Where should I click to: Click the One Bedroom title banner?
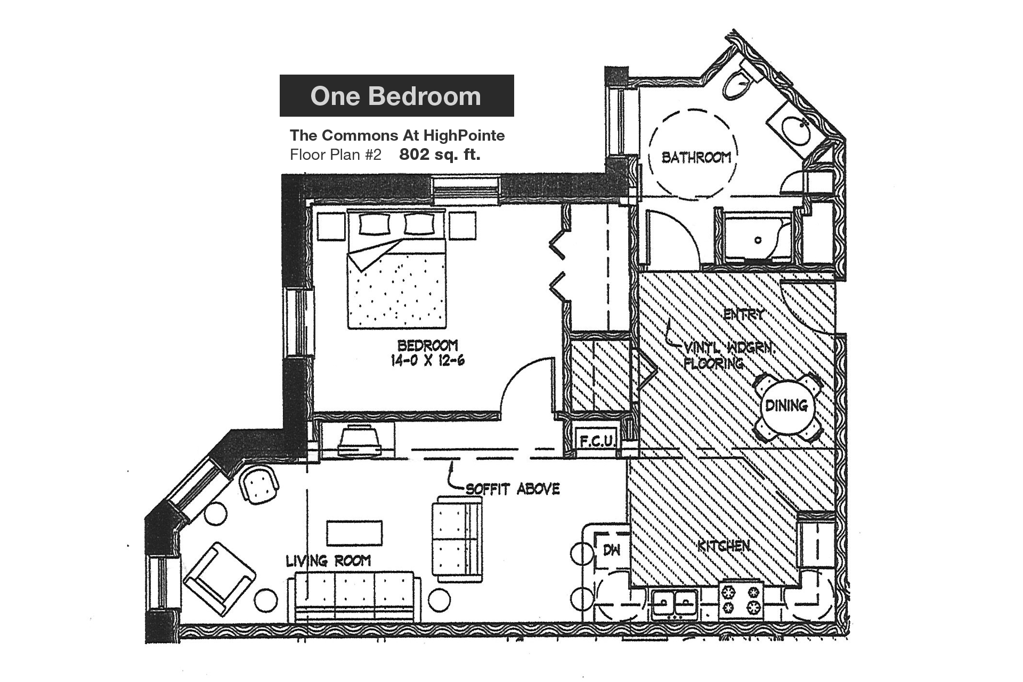coord(396,96)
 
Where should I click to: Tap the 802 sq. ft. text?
coord(440,155)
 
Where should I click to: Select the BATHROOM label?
coord(696,157)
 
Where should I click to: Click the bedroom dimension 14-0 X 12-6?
coord(427,361)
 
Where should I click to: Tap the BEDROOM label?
coord(427,345)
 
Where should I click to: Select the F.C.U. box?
coord(597,441)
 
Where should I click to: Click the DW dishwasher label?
coord(612,550)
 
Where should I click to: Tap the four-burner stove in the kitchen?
coord(741,599)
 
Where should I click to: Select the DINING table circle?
coord(786,406)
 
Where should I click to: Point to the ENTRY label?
coord(744,314)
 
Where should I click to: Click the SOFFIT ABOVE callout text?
coord(512,489)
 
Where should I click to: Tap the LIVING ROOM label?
coord(328,561)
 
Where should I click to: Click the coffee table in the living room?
coord(354,533)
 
